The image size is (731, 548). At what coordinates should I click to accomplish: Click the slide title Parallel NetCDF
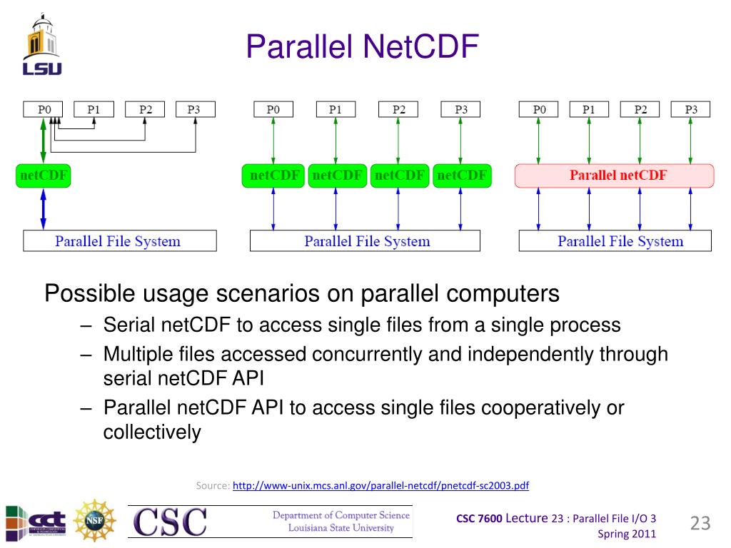pos(362,47)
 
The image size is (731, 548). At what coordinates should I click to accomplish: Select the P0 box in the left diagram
pos(44,109)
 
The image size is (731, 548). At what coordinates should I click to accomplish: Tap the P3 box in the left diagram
pos(194,109)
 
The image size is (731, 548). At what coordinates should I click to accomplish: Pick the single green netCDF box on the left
pos(44,176)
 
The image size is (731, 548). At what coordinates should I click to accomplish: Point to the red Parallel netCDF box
pos(614,176)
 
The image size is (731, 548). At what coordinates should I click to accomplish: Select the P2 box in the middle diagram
pos(398,109)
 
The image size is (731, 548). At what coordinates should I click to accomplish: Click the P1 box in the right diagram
pos(588,109)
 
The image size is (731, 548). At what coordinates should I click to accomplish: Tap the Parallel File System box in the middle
pos(365,241)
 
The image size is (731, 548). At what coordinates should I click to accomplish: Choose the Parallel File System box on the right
pos(615,241)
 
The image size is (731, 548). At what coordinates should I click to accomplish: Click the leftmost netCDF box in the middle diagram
pos(273,176)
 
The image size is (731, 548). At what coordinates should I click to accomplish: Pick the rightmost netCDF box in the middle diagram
pos(462,176)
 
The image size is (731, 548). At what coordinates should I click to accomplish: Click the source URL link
pos(380,486)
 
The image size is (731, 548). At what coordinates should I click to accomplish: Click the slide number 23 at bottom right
pos(700,524)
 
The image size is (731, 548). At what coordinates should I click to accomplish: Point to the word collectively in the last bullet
pos(152,432)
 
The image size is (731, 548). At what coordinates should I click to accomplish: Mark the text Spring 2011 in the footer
pos(625,534)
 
